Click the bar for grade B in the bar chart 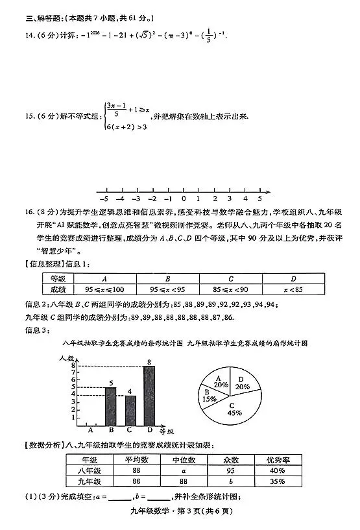[111, 407]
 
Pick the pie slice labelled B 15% [209, 396]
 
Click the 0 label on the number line [184, 199]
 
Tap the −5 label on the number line [104, 199]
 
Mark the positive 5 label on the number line [260, 199]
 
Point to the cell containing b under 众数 [231, 482]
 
